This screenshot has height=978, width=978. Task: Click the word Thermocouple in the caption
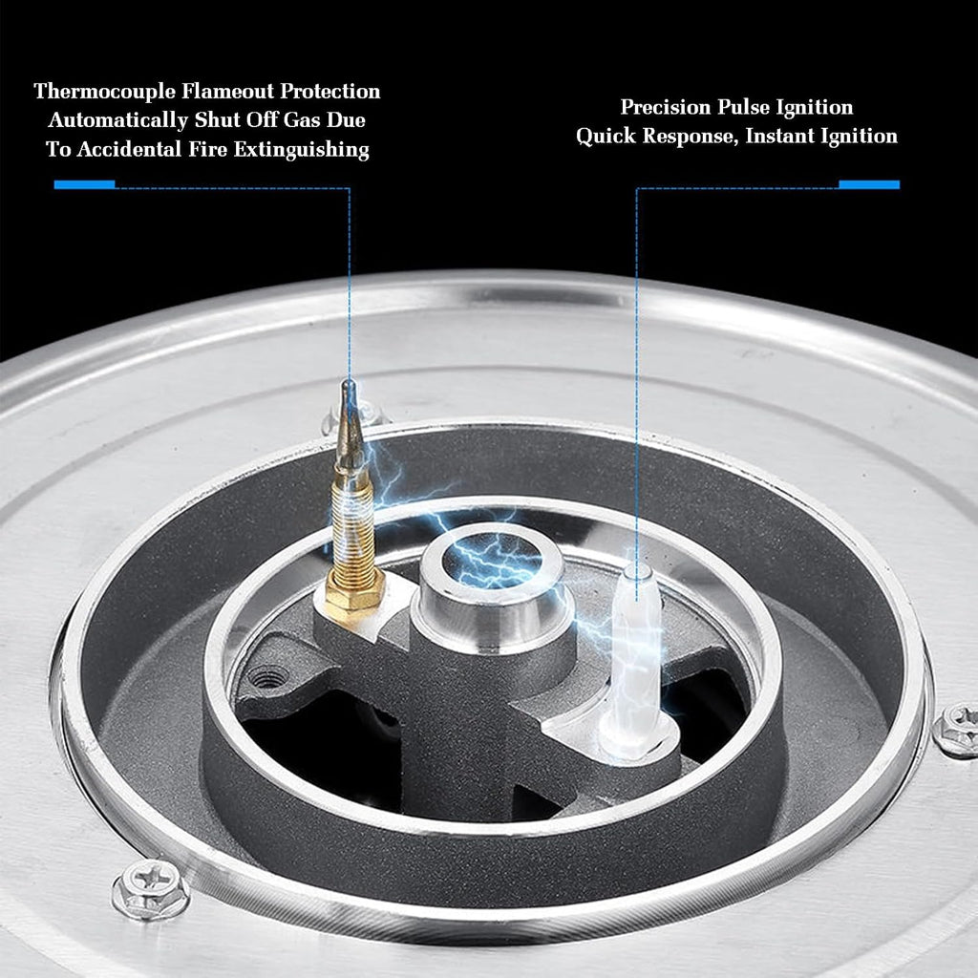tap(105, 92)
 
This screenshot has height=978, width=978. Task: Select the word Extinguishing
tap(301, 150)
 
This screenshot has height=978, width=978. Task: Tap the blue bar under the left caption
tap(84, 184)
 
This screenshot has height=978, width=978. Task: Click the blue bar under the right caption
tap(869, 184)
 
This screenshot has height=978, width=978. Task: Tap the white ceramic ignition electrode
tap(636, 655)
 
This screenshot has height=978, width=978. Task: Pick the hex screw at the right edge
tap(957, 730)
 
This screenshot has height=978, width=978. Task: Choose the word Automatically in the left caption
tap(118, 120)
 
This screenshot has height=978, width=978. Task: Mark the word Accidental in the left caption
tap(130, 149)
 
